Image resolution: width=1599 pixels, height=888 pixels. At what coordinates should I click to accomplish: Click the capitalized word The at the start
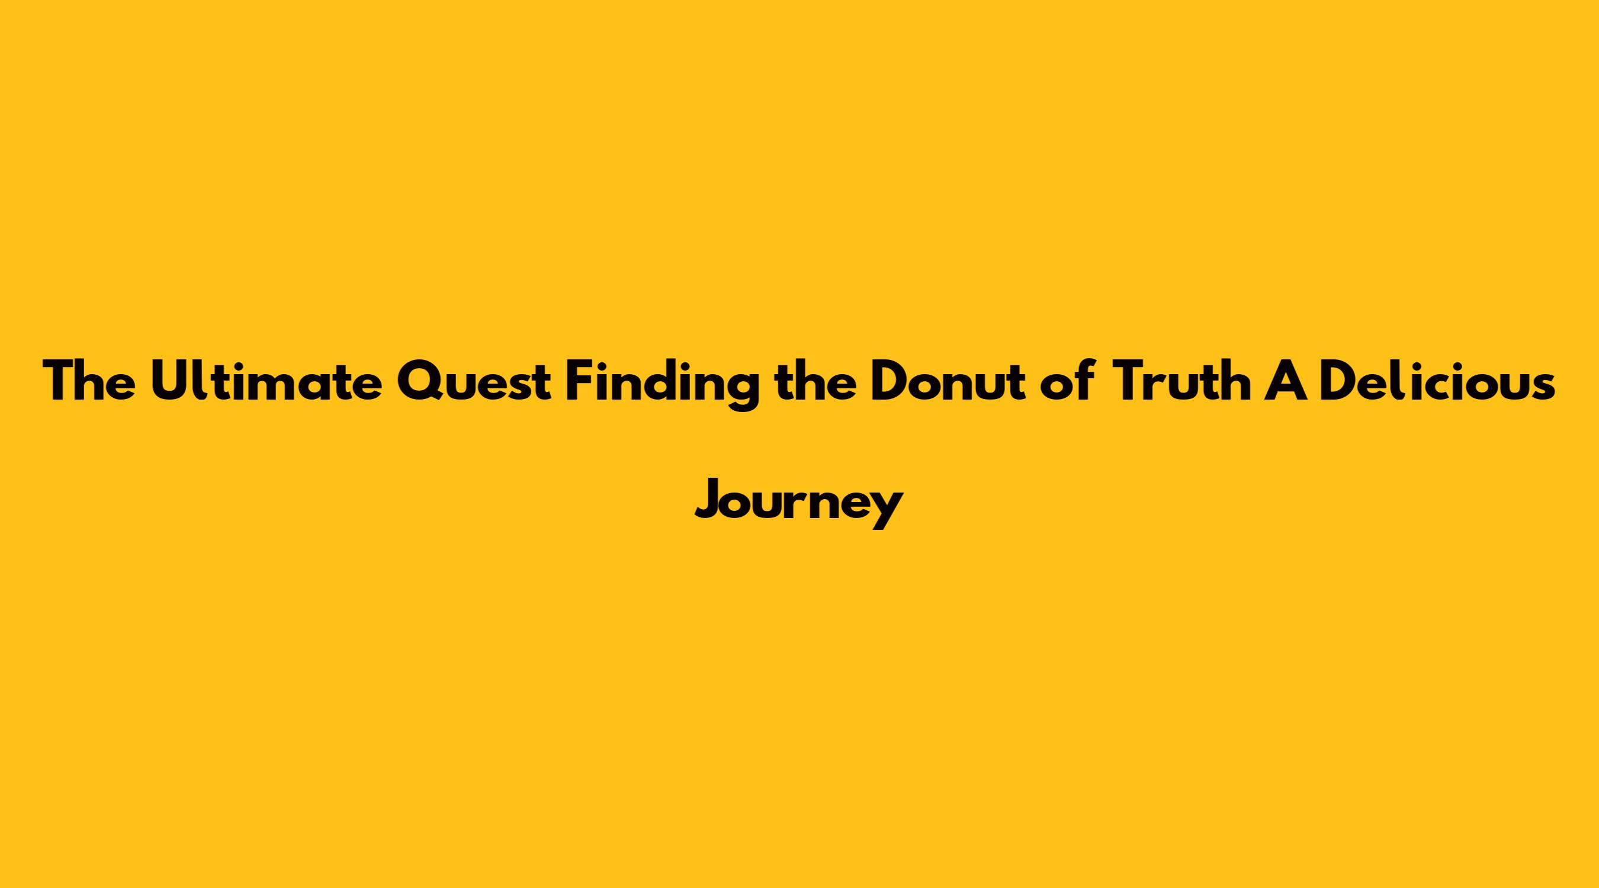pyautogui.click(x=89, y=381)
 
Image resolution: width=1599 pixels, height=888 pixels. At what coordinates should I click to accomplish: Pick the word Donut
pyautogui.click(x=947, y=381)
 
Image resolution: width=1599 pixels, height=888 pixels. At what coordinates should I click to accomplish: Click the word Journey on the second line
pyautogui.click(x=798, y=503)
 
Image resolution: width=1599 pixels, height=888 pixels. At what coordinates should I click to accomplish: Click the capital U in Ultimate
pyautogui.click(x=171, y=382)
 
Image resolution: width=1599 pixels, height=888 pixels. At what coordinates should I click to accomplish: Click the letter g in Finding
pyautogui.click(x=739, y=391)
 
